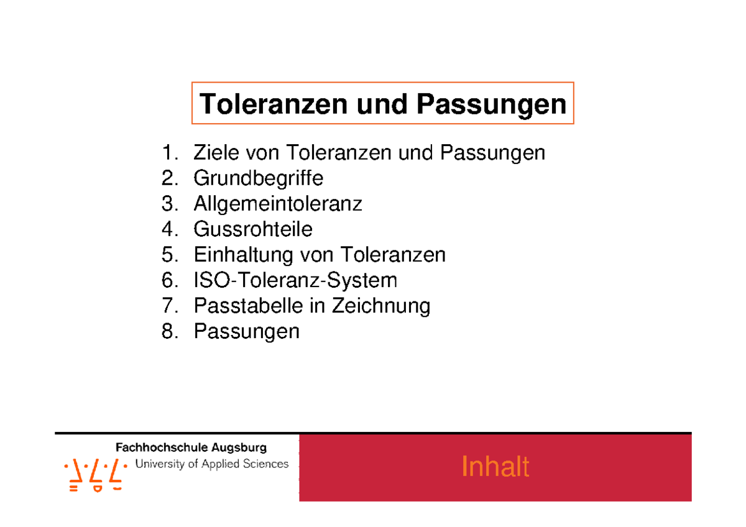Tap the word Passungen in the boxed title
pyautogui.click(x=491, y=104)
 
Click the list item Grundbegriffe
pyautogui.click(x=258, y=178)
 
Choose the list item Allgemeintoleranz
pyautogui.click(x=278, y=204)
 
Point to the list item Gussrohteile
pyautogui.click(x=253, y=229)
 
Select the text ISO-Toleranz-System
pyautogui.click(x=295, y=280)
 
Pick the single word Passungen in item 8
pyautogui.click(x=246, y=331)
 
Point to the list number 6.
pyautogui.click(x=168, y=280)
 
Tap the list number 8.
pyautogui.click(x=168, y=331)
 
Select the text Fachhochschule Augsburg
pyautogui.click(x=191, y=447)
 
